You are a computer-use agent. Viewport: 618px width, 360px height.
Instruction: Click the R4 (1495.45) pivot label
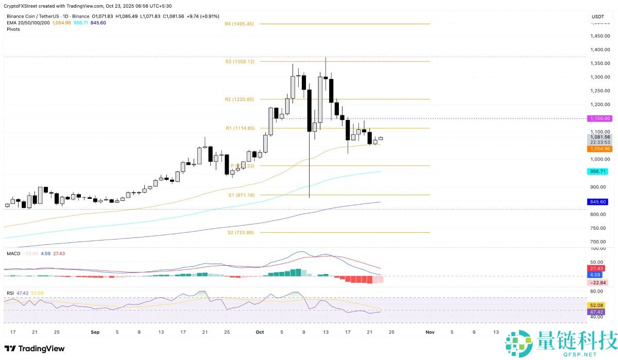[x=239, y=24]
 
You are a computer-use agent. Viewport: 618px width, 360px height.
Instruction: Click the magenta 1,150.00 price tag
[x=600, y=118]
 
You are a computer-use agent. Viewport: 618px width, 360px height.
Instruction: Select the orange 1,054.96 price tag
[x=600, y=149]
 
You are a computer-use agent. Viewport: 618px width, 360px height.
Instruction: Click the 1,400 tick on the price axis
[x=597, y=50]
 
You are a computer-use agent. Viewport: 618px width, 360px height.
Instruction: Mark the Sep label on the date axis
[x=95, y=333]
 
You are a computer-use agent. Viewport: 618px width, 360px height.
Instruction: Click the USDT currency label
[x=598, y=16]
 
